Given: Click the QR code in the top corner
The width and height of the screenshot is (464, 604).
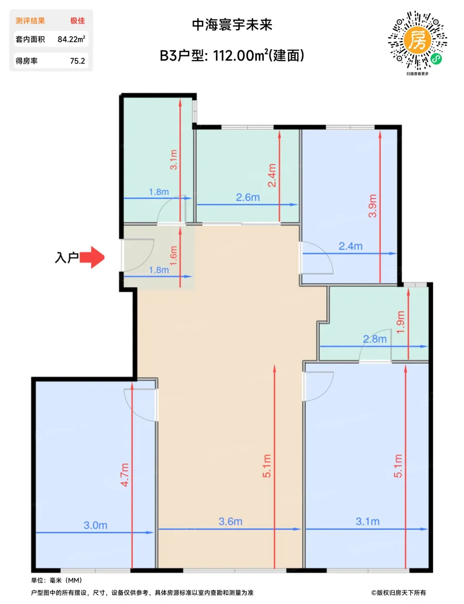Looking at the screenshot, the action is [x=417, y=40].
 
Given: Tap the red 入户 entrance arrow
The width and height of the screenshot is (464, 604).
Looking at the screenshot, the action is [x=92, y=257].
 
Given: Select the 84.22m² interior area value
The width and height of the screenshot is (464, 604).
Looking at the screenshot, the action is [x=71, y=39].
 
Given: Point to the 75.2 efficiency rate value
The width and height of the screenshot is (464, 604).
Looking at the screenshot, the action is [x=78, y=61].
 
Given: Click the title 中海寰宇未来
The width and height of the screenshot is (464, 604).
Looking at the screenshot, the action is [x=232, y=25].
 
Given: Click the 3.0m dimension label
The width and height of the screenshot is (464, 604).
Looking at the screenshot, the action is [x=95, y=525].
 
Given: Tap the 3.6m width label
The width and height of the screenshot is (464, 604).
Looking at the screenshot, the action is [x=230, y=522].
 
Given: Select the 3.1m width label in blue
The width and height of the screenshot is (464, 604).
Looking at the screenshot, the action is [x=367, y=522].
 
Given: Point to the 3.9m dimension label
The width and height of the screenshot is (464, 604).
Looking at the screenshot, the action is [x=372, y=206].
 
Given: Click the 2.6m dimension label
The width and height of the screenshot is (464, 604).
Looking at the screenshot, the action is [x=248, y=197].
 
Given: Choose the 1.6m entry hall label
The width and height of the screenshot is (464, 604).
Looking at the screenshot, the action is [x=173, y=255].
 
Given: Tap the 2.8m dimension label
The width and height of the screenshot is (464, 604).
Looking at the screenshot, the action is [x=375, y=339].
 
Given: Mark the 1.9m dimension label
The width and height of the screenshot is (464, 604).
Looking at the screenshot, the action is [x=401, y=322].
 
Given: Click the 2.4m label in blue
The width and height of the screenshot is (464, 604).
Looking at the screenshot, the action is [x=350, y=246].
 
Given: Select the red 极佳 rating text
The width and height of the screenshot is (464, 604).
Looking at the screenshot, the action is [x=78, y=21].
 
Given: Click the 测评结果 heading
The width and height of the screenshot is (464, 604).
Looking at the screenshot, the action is [x=30, y=21].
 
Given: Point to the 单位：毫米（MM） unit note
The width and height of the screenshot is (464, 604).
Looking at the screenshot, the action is [x=57, y=580].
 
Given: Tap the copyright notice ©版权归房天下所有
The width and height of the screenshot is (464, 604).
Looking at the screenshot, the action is [x=398, y=593].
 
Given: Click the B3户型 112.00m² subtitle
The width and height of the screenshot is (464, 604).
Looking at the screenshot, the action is [x=232, y=55].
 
